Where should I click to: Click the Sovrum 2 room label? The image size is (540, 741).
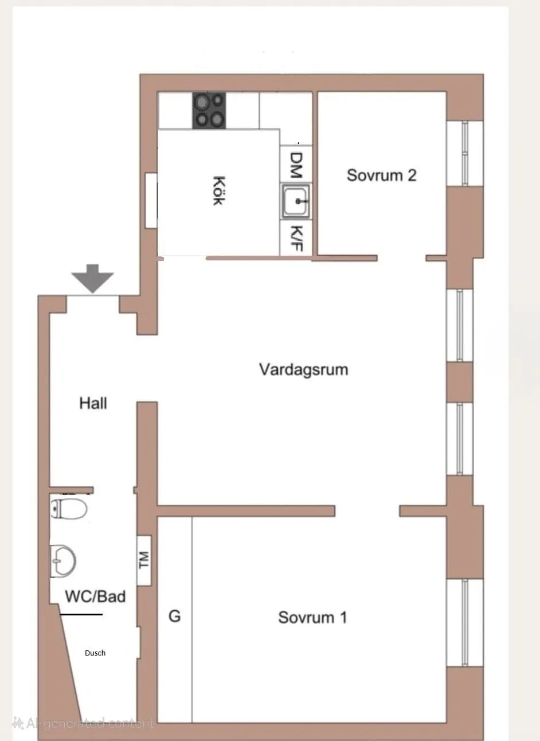pyautogui.click(x=381, y=175)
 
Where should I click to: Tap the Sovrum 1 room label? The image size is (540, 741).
pyautogui.click(x=312, y=617)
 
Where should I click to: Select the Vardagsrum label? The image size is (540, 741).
pyautogui.click(x=304, y=370)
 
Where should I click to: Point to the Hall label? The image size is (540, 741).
pyautogui.click(x=93, y=403)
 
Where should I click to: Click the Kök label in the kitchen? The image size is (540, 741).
pyautogui.click(x=218, y=190)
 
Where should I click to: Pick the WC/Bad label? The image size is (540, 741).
pyautogui.click(x=95, y=596)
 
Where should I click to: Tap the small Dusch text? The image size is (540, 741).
pyautogui.click(x=95, y=653)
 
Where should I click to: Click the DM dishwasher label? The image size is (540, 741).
pyautogui.click(x=296, y=165)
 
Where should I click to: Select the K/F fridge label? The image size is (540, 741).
pyautogui.click(x=296, y=238)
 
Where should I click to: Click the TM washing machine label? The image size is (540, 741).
pyautogui.click(x=144, y=560)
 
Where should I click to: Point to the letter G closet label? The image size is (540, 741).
pyautogui.click(x=175, y=617)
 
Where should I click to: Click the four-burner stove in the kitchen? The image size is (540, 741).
pyautogui.click(x=209, y=111)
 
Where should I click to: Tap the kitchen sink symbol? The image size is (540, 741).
pyautogui.click(x=296, y=201)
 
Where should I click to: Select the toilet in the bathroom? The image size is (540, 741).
pyautogui.click(x=68, y=509)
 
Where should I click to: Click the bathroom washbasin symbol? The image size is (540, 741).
pyautogui.click(x=63, y=561)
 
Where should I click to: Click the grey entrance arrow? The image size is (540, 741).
pyautogui.click(x=93, y=278)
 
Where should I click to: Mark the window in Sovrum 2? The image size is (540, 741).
pyautogui.click(x=465, y=154)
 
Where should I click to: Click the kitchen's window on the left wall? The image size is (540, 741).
pyautogui.click(x=151, y=201)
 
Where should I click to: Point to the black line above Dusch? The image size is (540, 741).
pyautogui.click(x=81, y=614)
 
